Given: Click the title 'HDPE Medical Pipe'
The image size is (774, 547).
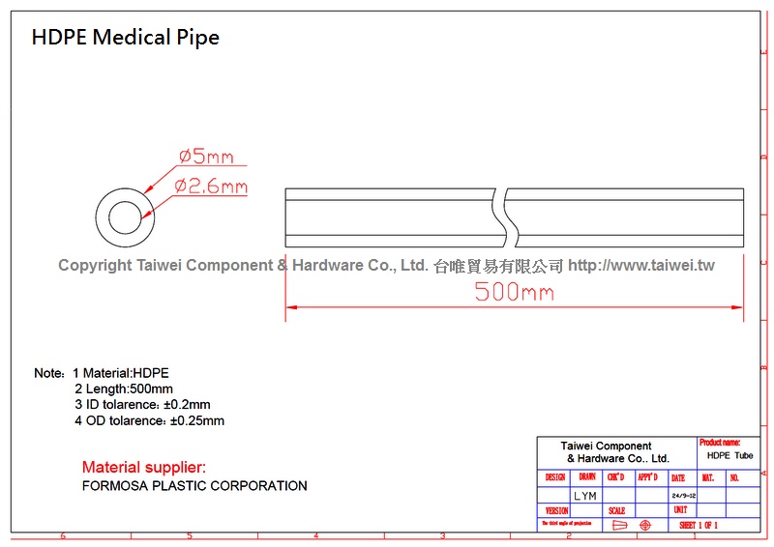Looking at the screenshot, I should pyautogui.click(x=126, y=38).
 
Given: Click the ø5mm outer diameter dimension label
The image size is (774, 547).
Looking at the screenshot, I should pyautogui.click(x=206, y=157).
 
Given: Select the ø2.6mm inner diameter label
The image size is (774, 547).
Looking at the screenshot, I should pyautogui.click(x=211, y=187).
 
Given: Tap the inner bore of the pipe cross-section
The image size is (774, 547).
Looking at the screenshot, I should pyautogui.click(x=125, y=216).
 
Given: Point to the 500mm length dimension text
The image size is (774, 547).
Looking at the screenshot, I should pyautogui.click(x=514, y=292).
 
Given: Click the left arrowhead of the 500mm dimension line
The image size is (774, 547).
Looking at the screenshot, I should pyautogui.click(x=291, y=308).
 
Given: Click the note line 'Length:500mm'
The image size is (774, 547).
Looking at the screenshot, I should pyautogui.click(x=124, y=389).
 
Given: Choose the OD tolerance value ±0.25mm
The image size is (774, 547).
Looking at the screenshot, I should pyautogui.click(x=197, y=420).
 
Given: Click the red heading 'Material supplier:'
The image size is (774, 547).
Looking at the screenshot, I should pyautogui.click(x=144, y=468).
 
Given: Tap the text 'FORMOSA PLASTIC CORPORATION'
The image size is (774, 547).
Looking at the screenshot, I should pyautogui.click(x=194, y=486).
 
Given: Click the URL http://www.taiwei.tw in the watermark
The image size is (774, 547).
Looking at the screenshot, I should pyautogui.click(x=640, y=265).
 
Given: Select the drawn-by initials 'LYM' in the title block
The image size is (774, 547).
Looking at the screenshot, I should pyautogui.click(x=585, y=496).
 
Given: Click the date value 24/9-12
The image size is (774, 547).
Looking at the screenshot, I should pyautogui.click(x=683, y=496).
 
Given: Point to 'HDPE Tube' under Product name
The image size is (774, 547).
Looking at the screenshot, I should pyautogui.click(x=729, y=455).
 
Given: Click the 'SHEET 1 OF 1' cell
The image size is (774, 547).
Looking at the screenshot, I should pyautogui.click(x=699, y=525).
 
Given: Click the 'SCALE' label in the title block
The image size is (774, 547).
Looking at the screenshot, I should pyautogui.click(x=617, y=510).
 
